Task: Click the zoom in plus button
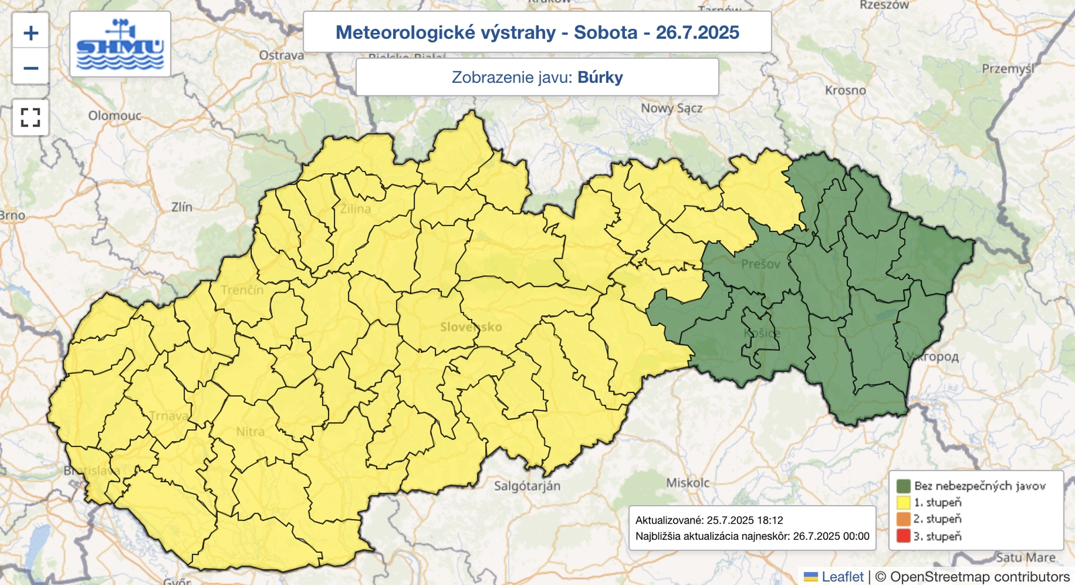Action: [x=31, y=33]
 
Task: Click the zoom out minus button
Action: [x=31, y=68]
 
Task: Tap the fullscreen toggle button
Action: [x=31, y=118]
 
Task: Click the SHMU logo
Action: [x=120, y=44]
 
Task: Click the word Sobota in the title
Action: [x=605, y=32]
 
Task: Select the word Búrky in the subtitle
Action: [x=600, y=77]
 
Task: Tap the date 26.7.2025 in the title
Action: [x=697, y=32]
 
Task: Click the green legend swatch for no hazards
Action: [x=903, y=485]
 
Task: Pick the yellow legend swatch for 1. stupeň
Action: [x=903, y=502]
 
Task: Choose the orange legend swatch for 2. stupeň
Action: [x=903, y=519]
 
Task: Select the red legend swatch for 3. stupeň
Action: [x=903, y=536]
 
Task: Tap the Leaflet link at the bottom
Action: [x=842, y=576]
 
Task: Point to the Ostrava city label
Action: [x=282, y=55]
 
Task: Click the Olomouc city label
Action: [x=115, y=116]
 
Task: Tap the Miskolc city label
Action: [x=687, y=483]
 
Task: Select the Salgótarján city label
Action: [x=527, y=485]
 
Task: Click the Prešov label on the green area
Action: [x=761, y=264]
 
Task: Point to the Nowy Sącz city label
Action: [x=671, y=108]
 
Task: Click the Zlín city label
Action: [x=181, y=207]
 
